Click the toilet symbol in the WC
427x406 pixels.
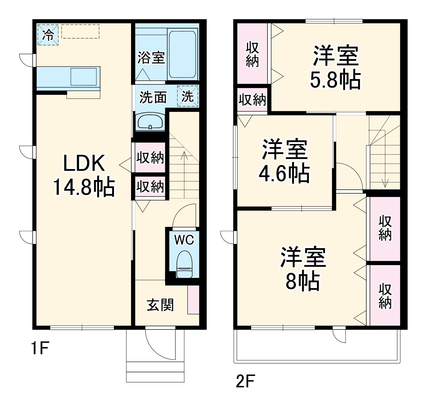[184, 265]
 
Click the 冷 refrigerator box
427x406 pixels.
[48, 35]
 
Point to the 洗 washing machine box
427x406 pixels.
[188, 96]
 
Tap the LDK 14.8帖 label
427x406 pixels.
[84, 175]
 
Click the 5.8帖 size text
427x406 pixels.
[335, 80]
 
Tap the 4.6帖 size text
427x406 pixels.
[284, 173]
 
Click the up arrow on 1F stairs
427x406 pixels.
[184, 156]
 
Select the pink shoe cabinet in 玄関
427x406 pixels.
[193, 300]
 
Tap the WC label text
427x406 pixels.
[184, 240]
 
